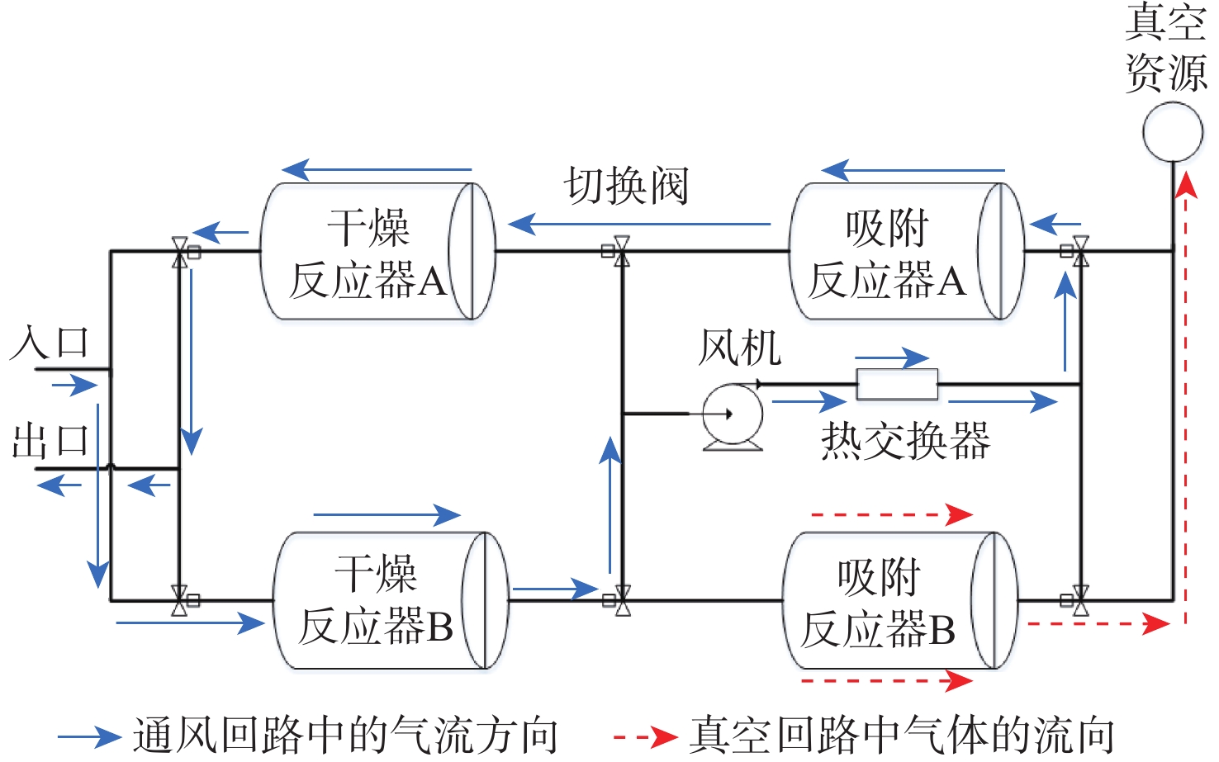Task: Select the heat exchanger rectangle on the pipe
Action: [897, 384]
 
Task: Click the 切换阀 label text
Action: [626, 186]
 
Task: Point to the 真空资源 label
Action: [1166, 47]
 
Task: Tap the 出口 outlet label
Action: [50, 442]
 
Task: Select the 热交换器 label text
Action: [906, 441]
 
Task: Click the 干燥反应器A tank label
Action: [368, 253]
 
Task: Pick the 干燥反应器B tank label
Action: [377, 600]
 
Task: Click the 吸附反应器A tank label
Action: [887, 253]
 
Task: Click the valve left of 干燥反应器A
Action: [180, 252]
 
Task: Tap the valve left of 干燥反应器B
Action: [180, 601]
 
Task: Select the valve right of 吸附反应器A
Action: [1079, 251]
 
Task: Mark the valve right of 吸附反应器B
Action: [1079, 601]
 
